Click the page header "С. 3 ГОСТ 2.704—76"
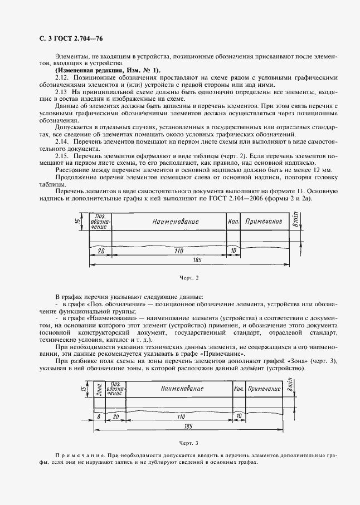tap(64, 38)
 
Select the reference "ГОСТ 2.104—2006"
tap(254, 198)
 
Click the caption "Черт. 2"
tap(189, 277)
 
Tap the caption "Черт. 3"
tap(189, 443)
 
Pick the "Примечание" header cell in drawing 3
tap(264, 388)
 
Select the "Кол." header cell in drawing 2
tap(233, 222)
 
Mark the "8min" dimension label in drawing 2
tap(296, 221)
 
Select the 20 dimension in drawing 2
tap(101, 251)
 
